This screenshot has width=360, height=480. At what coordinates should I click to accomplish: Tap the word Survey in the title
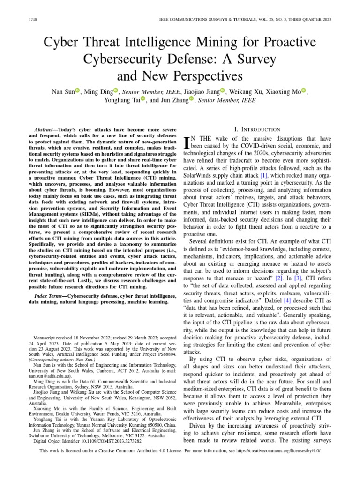click(258, 59)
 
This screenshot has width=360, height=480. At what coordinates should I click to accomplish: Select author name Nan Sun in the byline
click(62, 91)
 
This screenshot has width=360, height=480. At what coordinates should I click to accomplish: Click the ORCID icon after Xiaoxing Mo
click(303, 91)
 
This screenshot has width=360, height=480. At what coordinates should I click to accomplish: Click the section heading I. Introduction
click(257, 129)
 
